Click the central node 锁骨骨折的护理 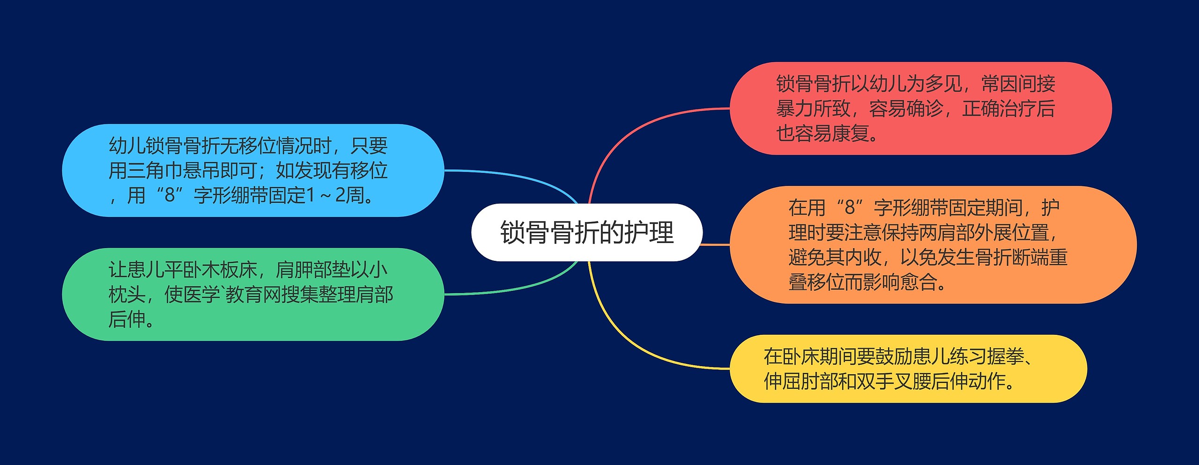point(586,232)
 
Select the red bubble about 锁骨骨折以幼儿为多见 point(920,108)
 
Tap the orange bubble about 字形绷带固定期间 point(932,244)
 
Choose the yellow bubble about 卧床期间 point(908,369)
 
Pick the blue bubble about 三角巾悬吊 point(253,170)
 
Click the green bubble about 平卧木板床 point(253,294)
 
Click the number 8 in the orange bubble point(850,207)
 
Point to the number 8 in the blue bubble point(170,195)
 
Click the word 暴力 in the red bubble point(794,109)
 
